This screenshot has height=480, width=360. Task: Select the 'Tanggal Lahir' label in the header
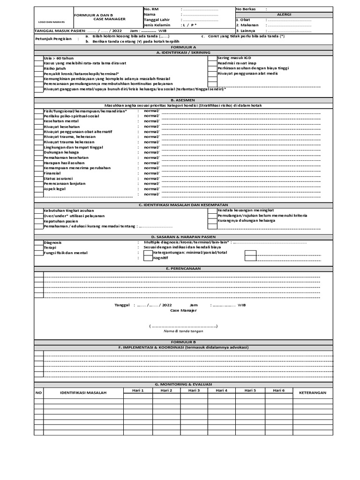click(x=157, y=20)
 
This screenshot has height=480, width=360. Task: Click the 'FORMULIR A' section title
click(x=183, y=47)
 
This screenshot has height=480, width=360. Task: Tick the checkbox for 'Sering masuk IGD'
click(x=212, y=58)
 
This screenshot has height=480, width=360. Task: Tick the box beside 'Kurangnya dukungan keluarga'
click(x=212, y=220)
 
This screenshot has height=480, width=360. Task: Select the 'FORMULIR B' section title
click(x=183, y=342)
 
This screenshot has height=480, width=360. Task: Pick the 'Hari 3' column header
click(x=194, y=390)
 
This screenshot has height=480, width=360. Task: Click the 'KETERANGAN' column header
click(x=312, y=393)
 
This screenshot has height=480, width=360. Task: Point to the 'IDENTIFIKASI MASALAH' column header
click(x=83, y=393)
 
